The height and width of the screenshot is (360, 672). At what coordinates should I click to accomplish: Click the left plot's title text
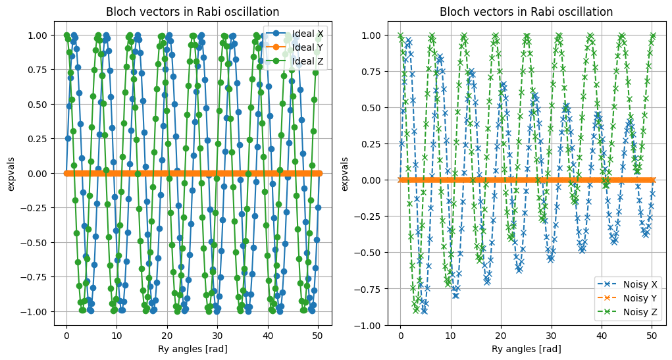(192, 12)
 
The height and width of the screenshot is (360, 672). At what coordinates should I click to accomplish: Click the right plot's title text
(526, 12)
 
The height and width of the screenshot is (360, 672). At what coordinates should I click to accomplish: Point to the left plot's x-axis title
(192, 349)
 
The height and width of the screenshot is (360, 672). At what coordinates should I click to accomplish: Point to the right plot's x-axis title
(526, 349)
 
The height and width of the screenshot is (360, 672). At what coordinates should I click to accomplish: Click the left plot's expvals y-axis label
(12, 173)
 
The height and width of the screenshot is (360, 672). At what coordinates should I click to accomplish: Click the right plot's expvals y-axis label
(346, 173)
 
